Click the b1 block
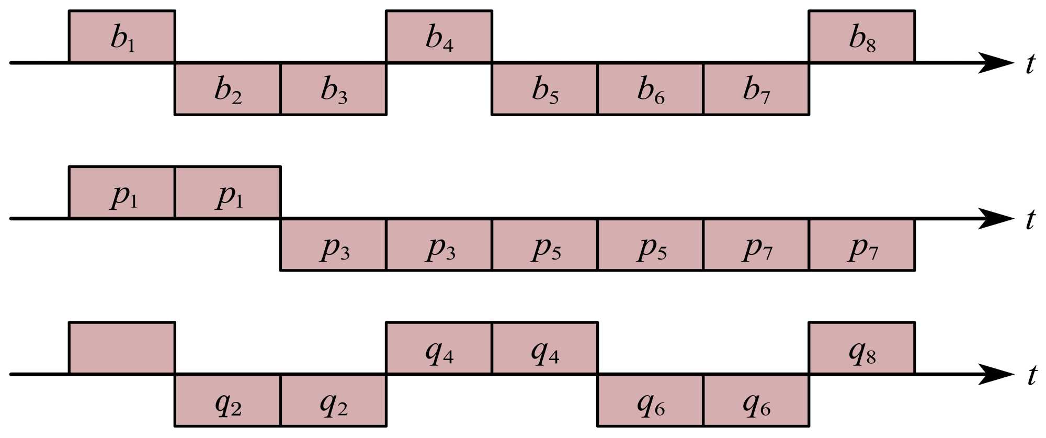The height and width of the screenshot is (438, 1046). pos(122,37)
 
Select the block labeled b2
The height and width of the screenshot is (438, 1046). pos(228,88)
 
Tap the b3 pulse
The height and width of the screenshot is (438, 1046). pos(333,88)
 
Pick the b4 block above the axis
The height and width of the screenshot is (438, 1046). pos(439,37)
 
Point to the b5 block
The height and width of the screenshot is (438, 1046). pos(544,88)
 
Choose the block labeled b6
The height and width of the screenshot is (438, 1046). pos(650,88)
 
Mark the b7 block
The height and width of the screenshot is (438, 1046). pos(756,88)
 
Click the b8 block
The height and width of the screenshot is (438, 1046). pos(861,37)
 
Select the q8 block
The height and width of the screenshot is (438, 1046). pos(861,348)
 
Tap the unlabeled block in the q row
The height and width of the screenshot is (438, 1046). pos(122,348)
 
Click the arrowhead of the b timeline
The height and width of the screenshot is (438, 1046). pos(996,63)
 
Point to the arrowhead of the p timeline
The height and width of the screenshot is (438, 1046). pos(996,218)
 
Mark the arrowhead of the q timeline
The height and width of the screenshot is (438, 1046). pos(996,374)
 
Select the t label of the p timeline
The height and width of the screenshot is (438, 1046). pos(1030,220)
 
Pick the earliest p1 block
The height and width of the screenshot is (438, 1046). pos(122,193)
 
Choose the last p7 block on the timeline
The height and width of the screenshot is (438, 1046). pos(861,244)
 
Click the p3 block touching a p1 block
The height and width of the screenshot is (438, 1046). pos(333,244)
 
